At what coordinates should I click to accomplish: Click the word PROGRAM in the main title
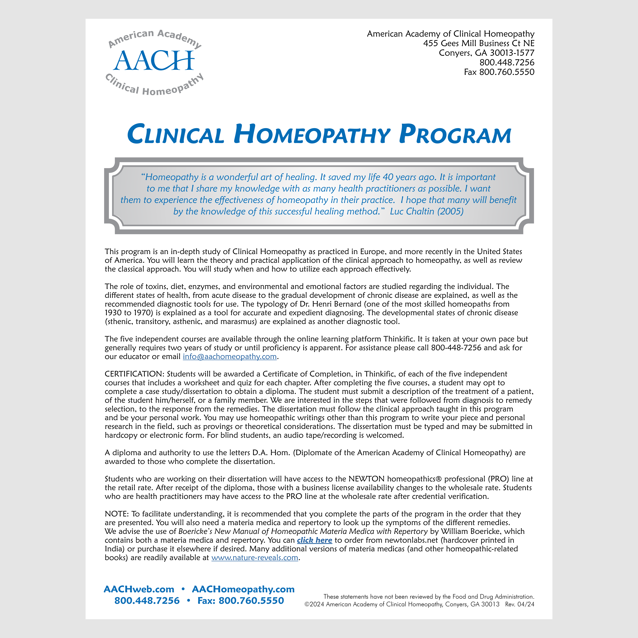click(x=455, y=134)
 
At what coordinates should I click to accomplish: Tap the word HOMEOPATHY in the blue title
click(x=312, y=134)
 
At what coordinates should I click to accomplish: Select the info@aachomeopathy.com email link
click(x=230, y=357)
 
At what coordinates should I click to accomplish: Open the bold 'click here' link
click(x=314, y=540)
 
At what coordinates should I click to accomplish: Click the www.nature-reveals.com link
click(x=255, y=558)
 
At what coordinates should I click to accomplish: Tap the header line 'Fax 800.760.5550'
click(x=499, y=72)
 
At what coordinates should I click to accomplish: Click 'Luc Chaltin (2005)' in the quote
click(x=427, y=211)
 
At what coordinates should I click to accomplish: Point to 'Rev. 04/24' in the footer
click(x=519, y=604)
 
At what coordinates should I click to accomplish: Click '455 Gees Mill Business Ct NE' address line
click(x=478, y=43)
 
